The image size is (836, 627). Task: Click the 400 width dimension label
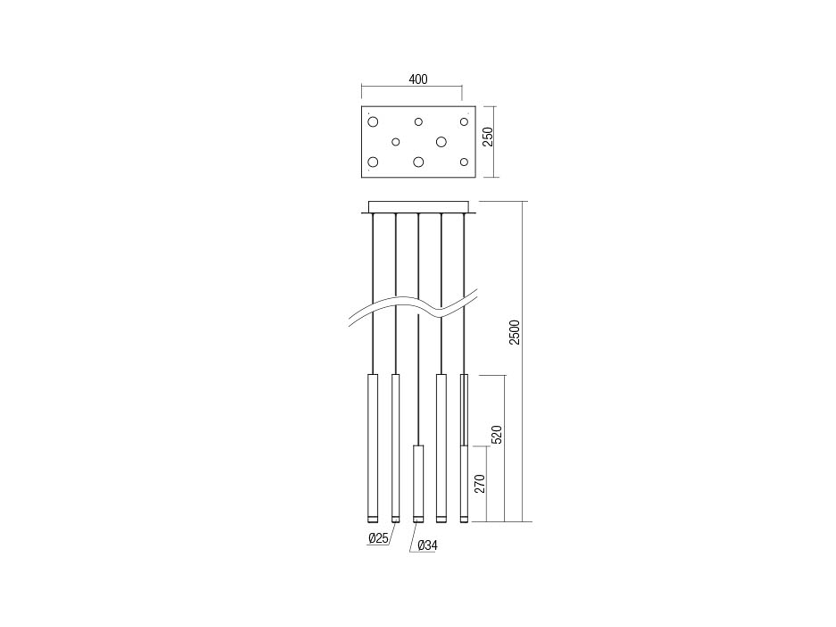point(418,79)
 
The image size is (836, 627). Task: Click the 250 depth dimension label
point(488,137)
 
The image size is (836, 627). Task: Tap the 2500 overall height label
point(514,332)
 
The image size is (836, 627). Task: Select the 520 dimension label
point(497,434)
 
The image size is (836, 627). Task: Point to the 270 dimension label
point(480,484)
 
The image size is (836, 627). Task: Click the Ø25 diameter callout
point(378,538)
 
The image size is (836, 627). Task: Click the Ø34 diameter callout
point(427,545)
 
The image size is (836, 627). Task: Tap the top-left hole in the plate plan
point(373,122)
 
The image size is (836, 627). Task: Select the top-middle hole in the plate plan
point(418,122)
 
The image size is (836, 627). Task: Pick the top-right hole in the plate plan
point(464,122)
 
